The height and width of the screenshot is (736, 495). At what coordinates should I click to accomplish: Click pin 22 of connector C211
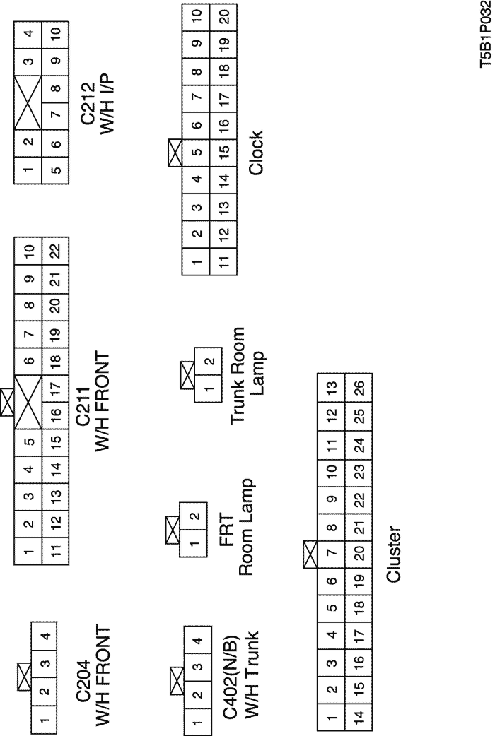click(54, 251)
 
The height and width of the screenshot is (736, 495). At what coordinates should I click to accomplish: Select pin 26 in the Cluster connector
click(359, 387)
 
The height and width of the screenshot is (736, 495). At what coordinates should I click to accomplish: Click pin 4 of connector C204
click(44, 637)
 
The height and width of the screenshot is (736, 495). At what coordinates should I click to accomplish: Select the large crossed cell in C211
click(28, 399)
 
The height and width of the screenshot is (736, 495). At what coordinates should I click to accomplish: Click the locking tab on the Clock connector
click(175, 151)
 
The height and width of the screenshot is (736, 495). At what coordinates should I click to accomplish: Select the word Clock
click(255, 152)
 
